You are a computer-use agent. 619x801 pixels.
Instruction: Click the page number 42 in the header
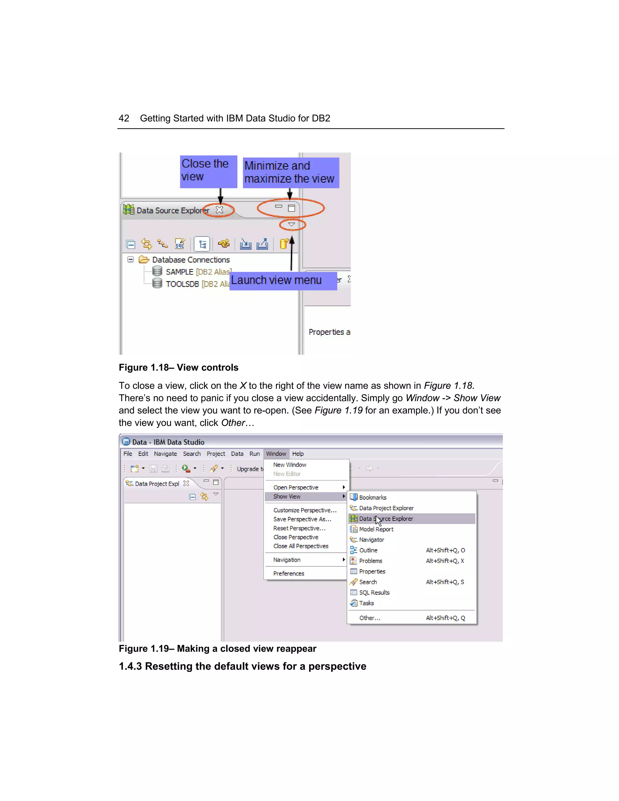tap(124, 118)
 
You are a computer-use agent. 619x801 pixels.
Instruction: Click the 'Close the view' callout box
tap(208, 171)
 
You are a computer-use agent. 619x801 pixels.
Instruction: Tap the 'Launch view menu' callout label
tap(283, 281)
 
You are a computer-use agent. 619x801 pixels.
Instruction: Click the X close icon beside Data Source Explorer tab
tap(219, 210)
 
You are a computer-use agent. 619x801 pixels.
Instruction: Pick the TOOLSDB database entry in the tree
tap(182, 284)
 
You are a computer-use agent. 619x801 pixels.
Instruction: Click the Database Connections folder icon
tap(144, 260)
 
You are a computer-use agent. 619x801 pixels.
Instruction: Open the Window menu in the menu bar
tap(276, 454)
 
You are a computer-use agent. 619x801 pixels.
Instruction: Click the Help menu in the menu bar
tap(298, 454)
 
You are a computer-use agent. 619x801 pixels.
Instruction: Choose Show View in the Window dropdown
tap(287, 496)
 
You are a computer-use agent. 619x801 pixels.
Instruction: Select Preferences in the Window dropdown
tap(289, 573)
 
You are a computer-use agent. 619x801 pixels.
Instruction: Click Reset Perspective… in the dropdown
tap(299, 528)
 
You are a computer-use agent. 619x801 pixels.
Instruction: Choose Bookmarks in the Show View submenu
tap(373, 497)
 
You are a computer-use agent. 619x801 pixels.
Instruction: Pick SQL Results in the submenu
tap(374, 592)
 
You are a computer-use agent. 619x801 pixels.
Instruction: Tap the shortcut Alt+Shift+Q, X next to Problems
tap(445, 561)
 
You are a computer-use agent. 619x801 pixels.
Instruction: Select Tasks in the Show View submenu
tap(366, 603)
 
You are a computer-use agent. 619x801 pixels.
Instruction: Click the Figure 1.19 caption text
tap(217, 648)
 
